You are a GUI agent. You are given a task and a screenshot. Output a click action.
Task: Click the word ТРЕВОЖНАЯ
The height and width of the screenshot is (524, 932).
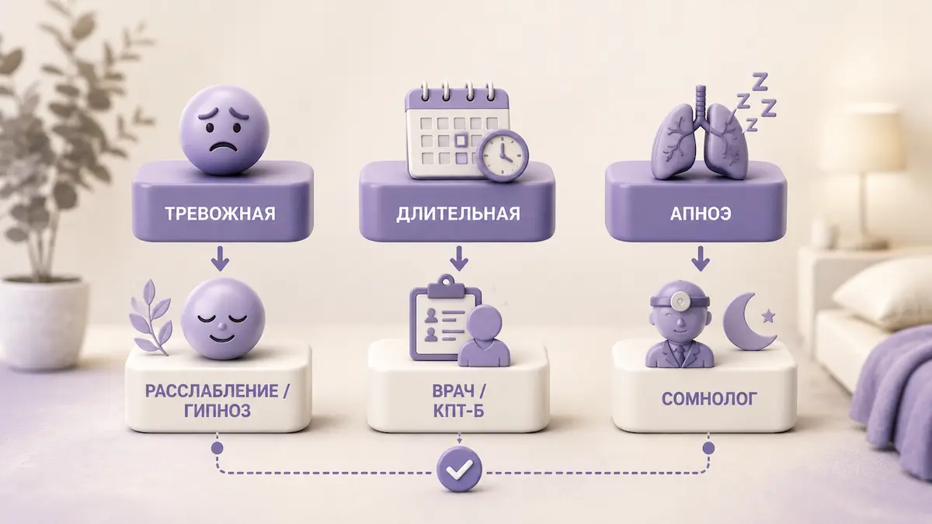click(x=220, y=213)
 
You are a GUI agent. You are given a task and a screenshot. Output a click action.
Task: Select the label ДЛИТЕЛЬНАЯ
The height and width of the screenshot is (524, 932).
click(x=458, y=213)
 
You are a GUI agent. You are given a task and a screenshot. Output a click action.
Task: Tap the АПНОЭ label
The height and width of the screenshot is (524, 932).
click(x=701, y=213)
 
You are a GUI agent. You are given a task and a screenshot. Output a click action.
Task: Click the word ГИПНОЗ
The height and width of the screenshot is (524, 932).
click(x=217, y=411)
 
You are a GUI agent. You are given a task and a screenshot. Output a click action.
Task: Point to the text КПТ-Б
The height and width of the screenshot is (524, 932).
click(x=458, y=411)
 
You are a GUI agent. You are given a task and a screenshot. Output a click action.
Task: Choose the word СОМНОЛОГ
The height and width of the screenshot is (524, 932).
click(x=709, y=399)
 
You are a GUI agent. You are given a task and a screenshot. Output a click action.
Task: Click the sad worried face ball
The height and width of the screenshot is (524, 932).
click(x=224, y=130)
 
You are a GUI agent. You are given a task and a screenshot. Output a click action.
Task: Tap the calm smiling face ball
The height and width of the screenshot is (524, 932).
click(x=223, y=319)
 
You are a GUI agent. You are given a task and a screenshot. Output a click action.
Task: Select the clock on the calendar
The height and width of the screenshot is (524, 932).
click(x=503, y=155)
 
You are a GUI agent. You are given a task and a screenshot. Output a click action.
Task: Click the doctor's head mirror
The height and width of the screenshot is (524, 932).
click(x=680, y=301)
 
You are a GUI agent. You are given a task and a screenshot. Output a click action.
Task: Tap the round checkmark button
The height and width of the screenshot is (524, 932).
click(x=459, y=469)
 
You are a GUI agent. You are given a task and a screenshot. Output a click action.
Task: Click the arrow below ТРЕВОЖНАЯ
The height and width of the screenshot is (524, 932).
click(x=220, y=259)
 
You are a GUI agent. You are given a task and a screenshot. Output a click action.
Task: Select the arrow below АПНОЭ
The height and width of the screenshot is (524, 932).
click(x=701, y=259)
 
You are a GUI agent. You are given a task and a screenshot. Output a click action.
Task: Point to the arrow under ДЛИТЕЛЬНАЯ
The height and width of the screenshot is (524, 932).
click(x=459, y=259)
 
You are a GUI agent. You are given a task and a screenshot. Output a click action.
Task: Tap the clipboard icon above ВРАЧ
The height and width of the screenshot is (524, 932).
click(x=445, y=318)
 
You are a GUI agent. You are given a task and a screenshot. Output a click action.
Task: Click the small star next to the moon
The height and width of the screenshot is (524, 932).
click(x=767, y=317)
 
